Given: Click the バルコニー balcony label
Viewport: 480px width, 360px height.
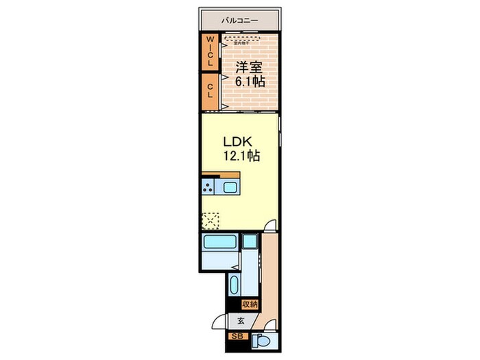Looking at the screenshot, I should (239, 21).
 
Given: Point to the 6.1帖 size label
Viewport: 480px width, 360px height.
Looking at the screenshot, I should (251, 81).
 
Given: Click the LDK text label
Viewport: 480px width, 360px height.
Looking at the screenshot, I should (238, 142).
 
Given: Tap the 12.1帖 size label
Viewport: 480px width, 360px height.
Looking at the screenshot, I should (241, 156).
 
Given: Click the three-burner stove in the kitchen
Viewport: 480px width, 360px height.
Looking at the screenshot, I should (208, 187).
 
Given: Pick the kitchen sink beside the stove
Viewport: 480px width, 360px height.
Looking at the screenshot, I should (230, 187).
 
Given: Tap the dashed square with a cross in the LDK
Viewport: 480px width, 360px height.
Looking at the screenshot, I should (211, 220).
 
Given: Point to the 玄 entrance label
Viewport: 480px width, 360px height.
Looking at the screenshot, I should (241, 320).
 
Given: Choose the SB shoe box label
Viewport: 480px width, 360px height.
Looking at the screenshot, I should (237, 337).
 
